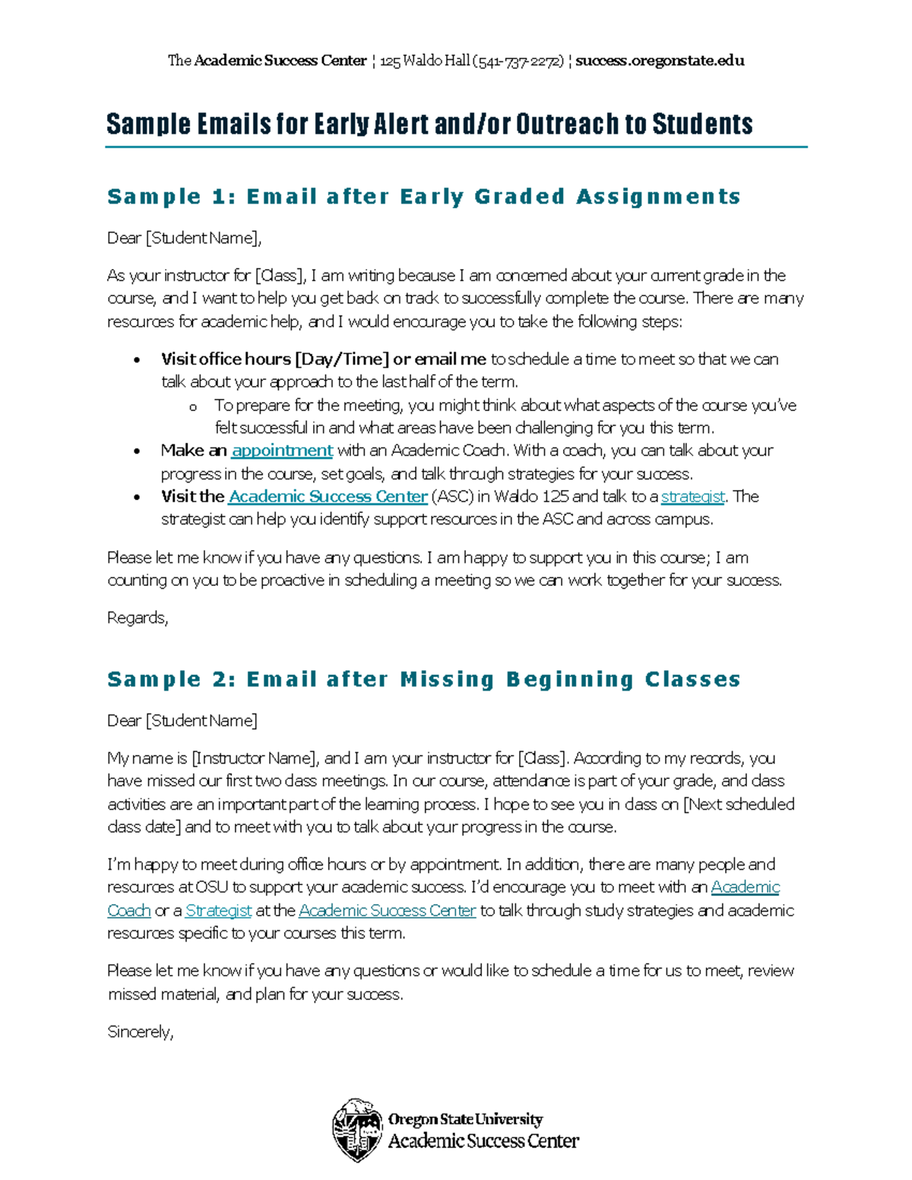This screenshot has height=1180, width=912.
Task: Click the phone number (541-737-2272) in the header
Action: [x=518, y=61]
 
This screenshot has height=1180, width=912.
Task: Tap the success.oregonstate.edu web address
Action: [x=660, y=61]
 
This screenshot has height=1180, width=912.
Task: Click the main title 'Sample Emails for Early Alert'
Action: [x=429, y=124]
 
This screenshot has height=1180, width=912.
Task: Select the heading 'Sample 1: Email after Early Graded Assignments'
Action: [x=423, y=197]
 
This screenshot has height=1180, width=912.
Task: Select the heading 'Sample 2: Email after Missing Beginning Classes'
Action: [x=423, y=679]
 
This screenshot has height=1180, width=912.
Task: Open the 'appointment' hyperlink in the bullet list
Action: [x=282, y=451]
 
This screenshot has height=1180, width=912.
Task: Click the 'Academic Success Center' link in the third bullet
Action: [x=328, y=497]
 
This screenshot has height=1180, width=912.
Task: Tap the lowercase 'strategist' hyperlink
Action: [x=692, y=497]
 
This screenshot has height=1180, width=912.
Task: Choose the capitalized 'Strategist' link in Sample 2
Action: [x=218, y=910]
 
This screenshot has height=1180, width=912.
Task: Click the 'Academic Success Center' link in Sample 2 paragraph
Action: [x=387, y=910]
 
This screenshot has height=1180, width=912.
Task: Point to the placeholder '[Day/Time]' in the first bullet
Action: [x=342, y=359]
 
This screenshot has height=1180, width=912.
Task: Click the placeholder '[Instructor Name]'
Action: [x=254, y=758]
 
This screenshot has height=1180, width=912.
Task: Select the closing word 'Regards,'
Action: [x=138, y=618]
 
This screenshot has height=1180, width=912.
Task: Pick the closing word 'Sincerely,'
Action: [x=141, y=1032]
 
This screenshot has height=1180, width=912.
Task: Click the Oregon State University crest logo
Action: [x=357, y=1130]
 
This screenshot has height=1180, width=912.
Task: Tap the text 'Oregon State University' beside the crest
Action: [x=465, y=1119]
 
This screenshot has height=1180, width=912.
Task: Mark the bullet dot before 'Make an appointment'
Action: [x=137, y=451]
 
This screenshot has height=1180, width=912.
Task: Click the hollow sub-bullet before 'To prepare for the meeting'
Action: [x=193, y=407]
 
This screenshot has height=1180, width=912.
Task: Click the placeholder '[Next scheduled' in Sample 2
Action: [x=739, y=804]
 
